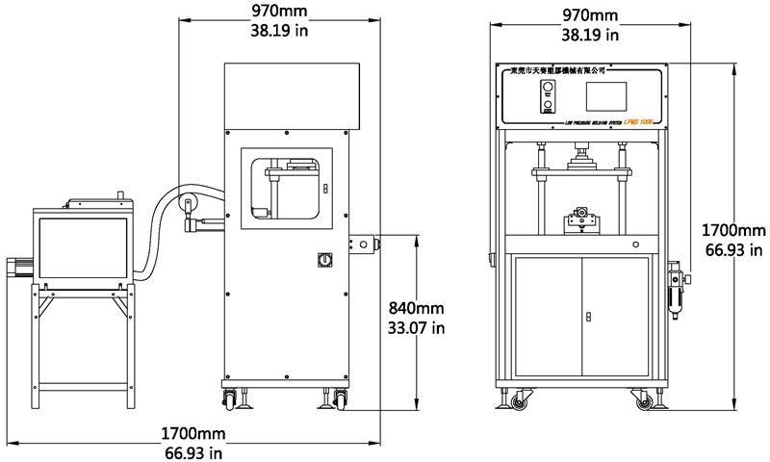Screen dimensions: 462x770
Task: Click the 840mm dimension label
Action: coord(417,308)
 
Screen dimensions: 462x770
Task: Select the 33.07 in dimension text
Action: coord(417,328)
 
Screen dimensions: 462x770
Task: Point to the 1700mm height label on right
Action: coord(734,231)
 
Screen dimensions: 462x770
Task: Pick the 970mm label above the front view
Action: coord(589,15)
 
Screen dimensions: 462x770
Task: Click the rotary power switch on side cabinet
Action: coord(324,261)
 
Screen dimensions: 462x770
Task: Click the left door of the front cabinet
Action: coord(547,318)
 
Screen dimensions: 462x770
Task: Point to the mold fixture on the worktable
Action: coord(579,218)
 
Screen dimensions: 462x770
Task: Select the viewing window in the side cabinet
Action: coord(284,189)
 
